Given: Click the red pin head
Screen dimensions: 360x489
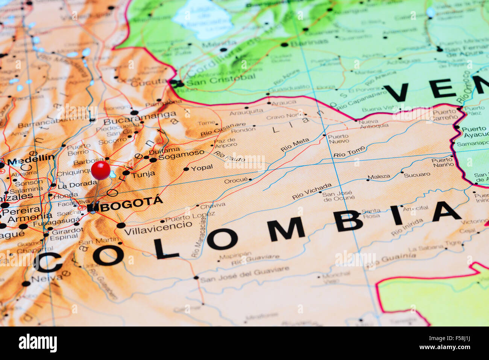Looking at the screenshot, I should click(x=101, y=170).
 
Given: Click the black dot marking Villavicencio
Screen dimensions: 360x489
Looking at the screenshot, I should click(x=121, y=225).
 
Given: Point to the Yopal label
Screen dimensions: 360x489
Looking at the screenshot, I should click(x=202, y=168).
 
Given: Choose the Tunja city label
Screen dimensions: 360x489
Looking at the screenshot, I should click(x=143, y=174).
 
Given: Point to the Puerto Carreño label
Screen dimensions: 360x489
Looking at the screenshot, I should click(x=445, y=115).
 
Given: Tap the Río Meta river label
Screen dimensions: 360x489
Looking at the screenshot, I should click(x=295, y=145).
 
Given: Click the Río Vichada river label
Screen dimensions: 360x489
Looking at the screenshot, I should click(x=312, y=191).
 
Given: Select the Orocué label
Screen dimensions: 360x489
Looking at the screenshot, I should click(x=236, y=181).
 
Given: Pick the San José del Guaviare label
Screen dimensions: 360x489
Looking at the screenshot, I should click(x=244, y=275).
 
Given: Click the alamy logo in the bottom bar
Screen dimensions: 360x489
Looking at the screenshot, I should click(x=38, y=343).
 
